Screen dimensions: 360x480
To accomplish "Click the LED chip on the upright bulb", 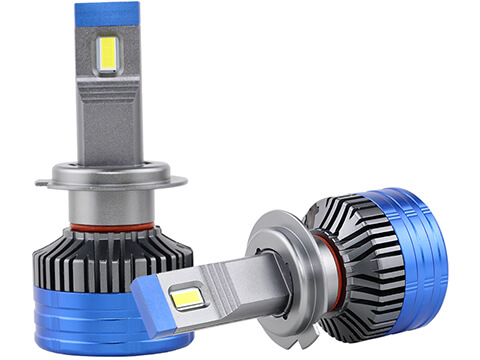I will pyautogui.click(x=107, y=54).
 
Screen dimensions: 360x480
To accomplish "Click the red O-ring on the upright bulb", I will pyautogui.click(x=111, y=228).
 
